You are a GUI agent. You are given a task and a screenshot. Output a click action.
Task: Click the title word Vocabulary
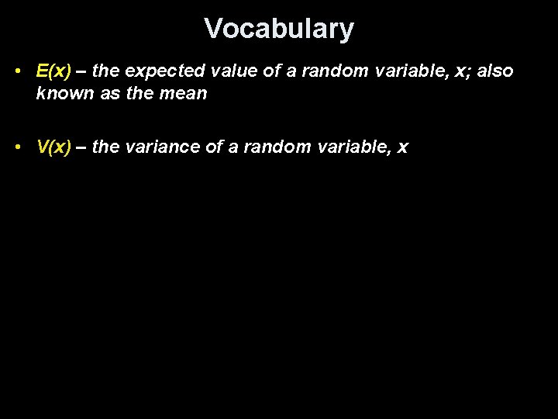(279, 29)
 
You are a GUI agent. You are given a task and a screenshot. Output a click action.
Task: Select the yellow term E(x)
(53, 71)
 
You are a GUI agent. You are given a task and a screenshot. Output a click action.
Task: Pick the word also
(494, 71)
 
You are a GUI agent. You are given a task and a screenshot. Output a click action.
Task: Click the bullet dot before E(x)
(17, 71)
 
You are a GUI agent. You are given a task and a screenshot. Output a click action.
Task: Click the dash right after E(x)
(81, 71)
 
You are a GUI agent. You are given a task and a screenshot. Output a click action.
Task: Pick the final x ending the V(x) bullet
(402, 147)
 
